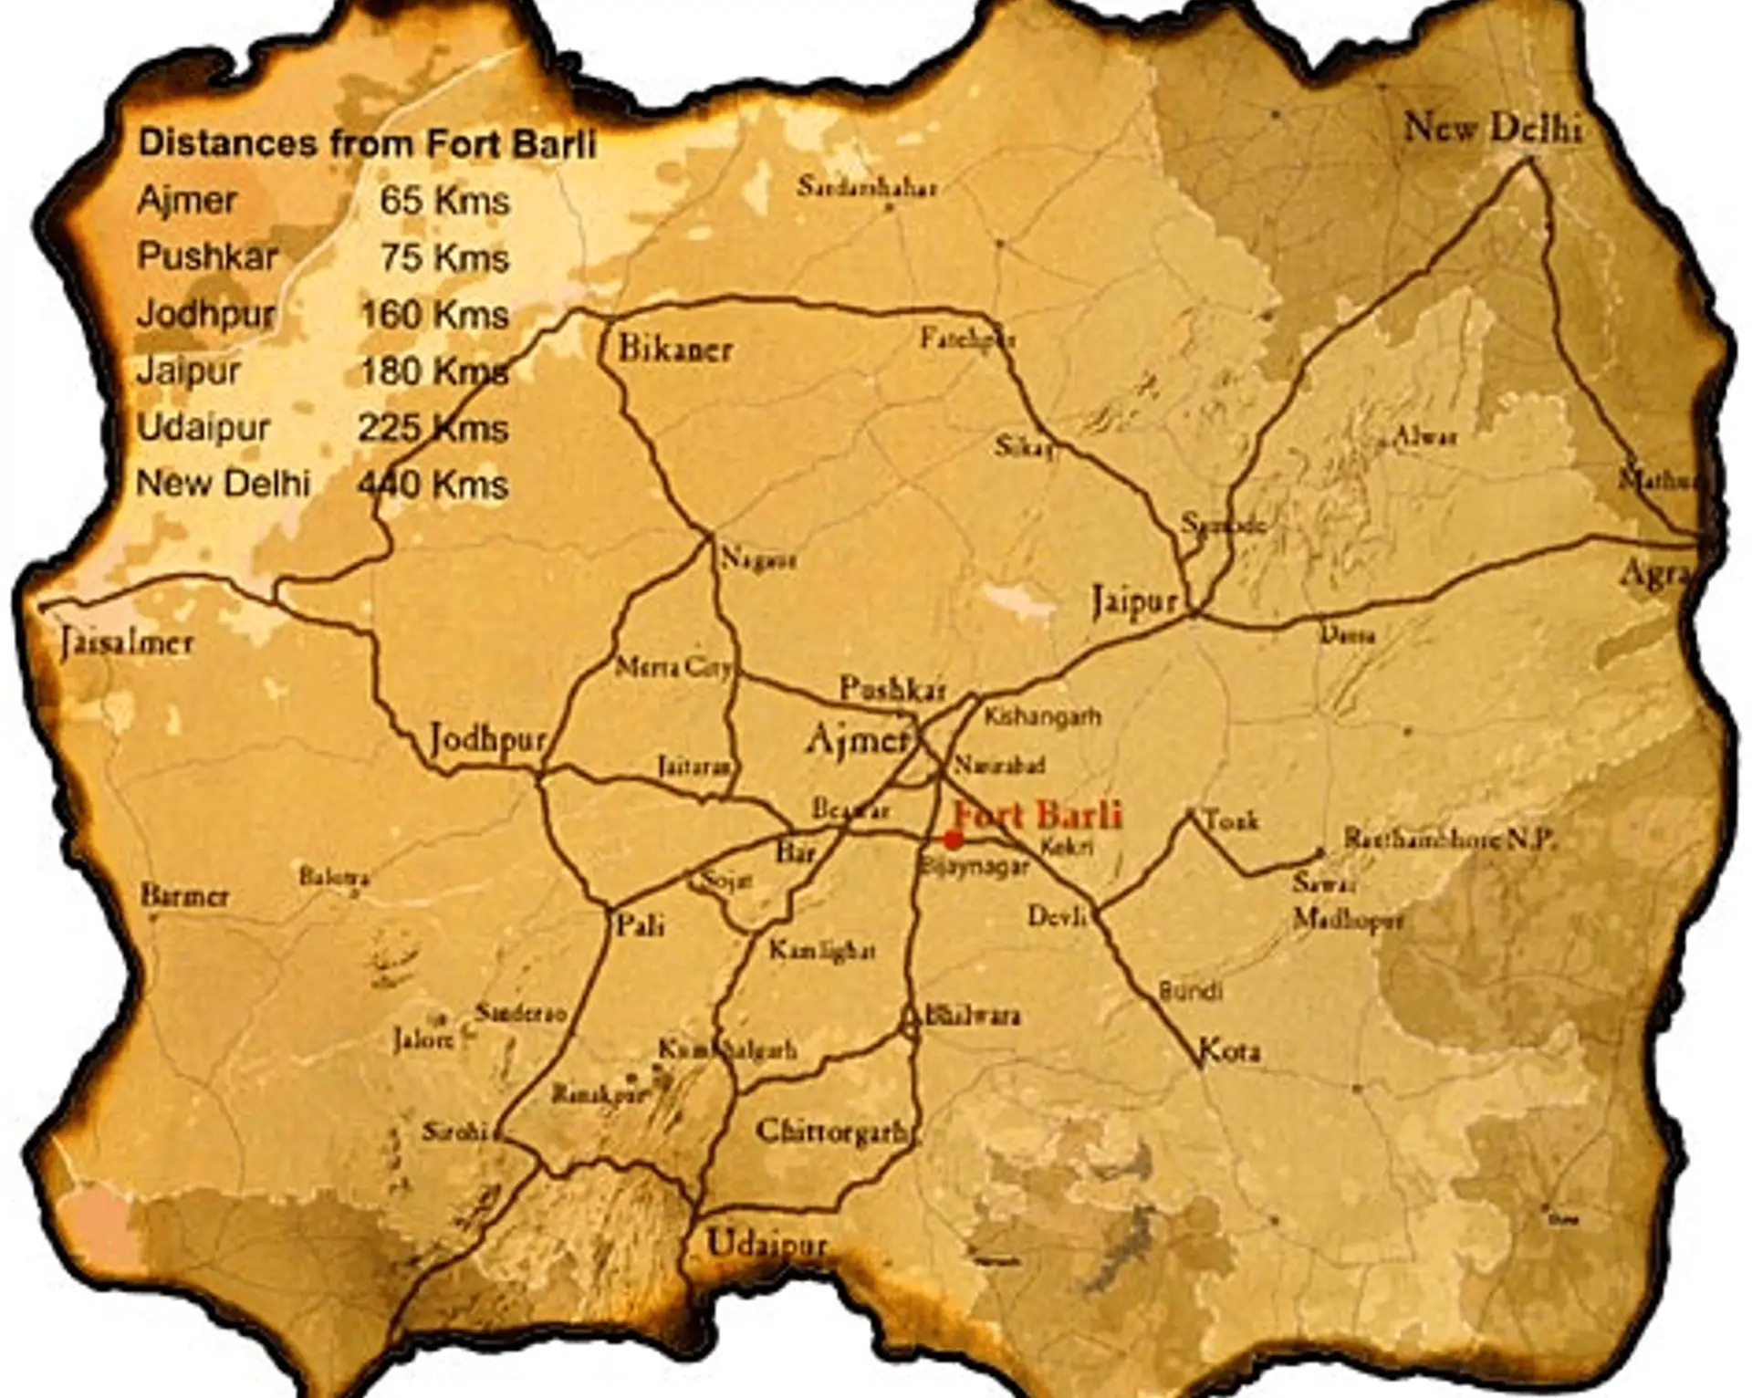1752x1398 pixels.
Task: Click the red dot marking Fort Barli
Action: click(x=953, y=840)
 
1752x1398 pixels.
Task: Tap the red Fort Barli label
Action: click(x=1038, y=814)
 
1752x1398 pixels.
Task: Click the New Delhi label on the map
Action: click(x=1492, y=128)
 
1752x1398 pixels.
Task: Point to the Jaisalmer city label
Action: click(x=127, y=642)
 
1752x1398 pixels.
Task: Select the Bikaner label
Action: click(x=675, y=349)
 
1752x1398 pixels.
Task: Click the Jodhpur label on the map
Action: click(x=488, y=739)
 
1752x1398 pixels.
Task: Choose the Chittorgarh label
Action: click(x=831, y=1132)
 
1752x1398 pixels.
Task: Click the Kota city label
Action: click(x=1230, y=1051)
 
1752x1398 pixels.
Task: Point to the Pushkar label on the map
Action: click(x=892, y=689)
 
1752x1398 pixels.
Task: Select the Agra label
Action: click(x=1656, y=573)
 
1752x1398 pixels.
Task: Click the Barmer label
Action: click(x=184, y=896)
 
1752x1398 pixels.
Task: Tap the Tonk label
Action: click(x=1232, y=821)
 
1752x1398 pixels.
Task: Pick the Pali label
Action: click(x=640, y=925)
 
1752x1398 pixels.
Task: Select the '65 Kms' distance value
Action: click(x=444, y=201)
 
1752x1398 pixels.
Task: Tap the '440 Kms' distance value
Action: click(x=433, y=484)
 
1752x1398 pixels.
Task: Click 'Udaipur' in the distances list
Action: click(x=203, y=427)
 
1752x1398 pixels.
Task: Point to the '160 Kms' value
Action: click(x=434, y=314)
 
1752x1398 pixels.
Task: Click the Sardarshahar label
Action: click(x=866, y=188)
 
